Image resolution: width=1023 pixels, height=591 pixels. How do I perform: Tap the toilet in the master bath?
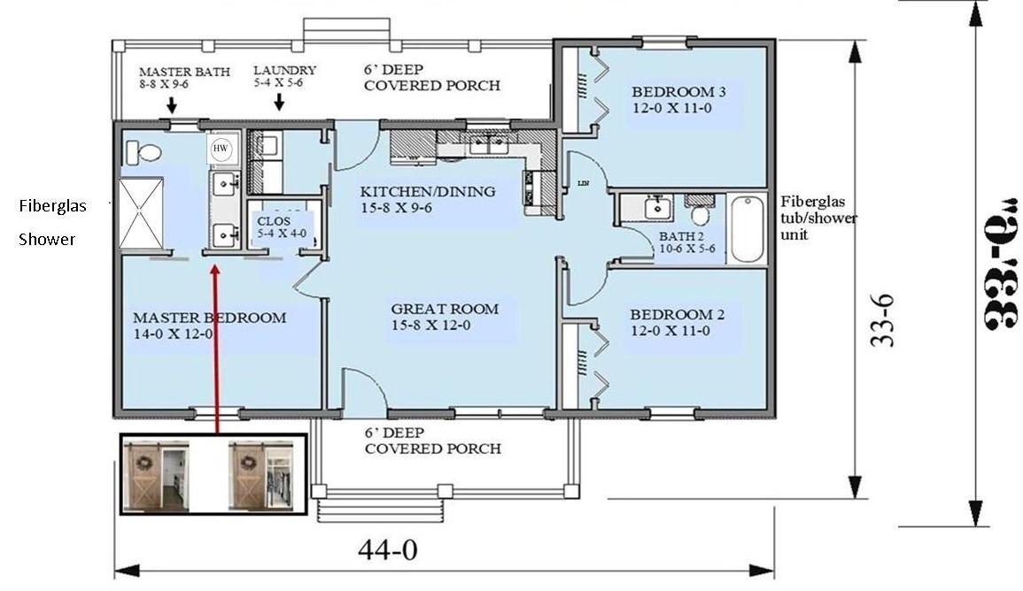point(143,153)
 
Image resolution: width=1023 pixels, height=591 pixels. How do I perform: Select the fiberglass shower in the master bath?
point(142,213)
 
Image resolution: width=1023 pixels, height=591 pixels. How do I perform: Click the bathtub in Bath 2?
point(747,229)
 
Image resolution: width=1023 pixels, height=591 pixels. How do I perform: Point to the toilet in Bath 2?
point(701,214)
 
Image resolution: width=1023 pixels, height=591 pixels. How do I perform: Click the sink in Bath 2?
point(656,209)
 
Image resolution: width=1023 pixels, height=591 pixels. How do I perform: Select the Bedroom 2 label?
point(671,322)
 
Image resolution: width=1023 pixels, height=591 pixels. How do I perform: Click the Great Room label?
point(445,317)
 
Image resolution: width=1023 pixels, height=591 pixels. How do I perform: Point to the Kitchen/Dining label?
point(427,200)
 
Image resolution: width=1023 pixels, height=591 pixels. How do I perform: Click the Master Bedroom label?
point(209,326)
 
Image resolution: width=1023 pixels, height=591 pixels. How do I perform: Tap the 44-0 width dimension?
point(387,550)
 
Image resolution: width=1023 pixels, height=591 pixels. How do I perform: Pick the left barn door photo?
point(156,475)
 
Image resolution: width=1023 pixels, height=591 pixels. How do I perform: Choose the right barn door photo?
point(260,475)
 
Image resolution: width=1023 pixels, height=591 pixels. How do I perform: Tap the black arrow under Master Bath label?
point(171,104)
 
